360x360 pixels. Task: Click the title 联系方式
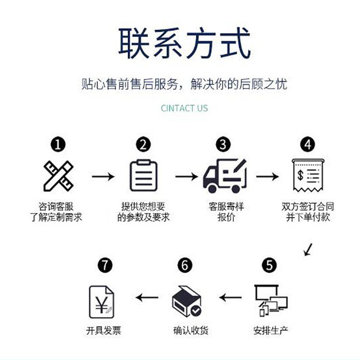click(184, 44)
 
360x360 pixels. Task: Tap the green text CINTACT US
click(184, 108)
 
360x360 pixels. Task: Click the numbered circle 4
click(308, 145)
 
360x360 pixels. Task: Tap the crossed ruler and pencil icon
click(58, 176)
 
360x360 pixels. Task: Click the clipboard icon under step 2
click(143, 176)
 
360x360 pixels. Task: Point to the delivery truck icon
click(225, 176)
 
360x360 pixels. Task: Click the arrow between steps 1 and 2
click(103, 176)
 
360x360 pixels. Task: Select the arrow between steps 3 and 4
click(267, 176)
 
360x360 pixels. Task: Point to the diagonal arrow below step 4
click(308, 249)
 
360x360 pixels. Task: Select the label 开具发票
click(103, 331)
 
